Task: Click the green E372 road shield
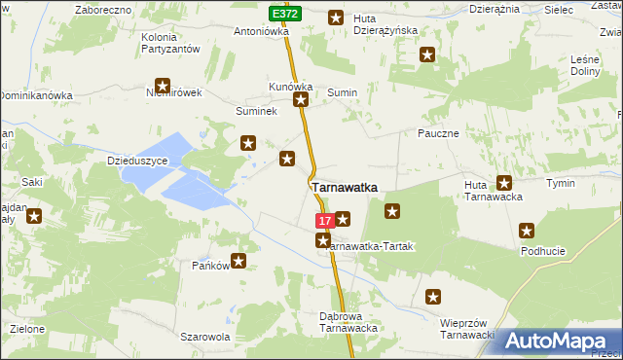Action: click(285, 14)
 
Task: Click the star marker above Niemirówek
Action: click(163, 86)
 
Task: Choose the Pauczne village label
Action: click(437, 133)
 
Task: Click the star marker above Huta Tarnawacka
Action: click(504, 182)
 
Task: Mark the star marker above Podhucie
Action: click(527, 231)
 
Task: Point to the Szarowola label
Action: click(204, 337)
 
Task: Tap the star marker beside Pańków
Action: click(238, 261)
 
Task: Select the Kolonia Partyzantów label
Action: click(171, 43)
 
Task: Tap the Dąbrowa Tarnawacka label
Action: click(348, 322)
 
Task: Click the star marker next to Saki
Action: click(34, 216)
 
